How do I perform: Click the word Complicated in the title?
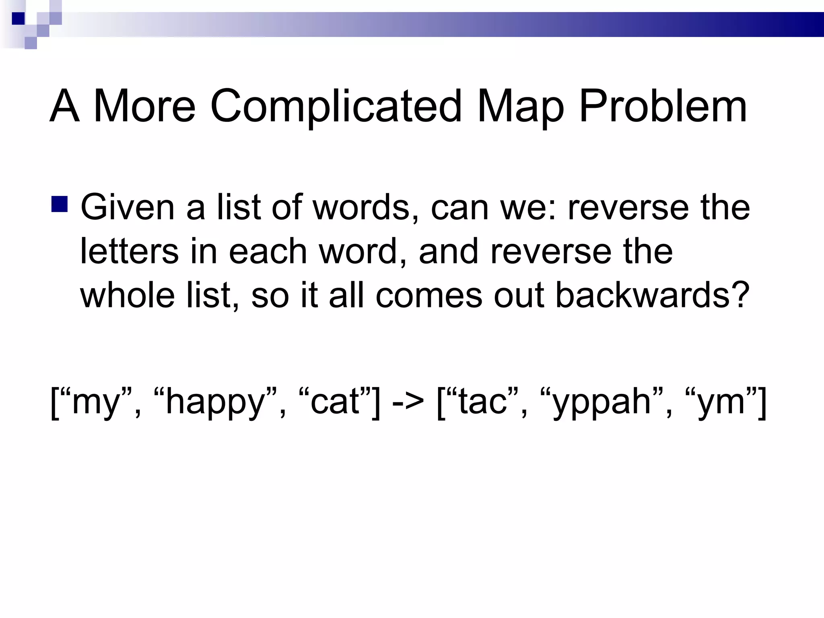pyautogui.click(x=336, y=106)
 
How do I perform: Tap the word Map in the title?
pyautogui.click(x=521, y=106)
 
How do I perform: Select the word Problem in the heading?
pyautogui.click(x=663, y=106)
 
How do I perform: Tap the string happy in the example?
pyautogui.click(x=215, y=402)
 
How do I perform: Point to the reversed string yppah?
pyautogui.click(x=602, y=402)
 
